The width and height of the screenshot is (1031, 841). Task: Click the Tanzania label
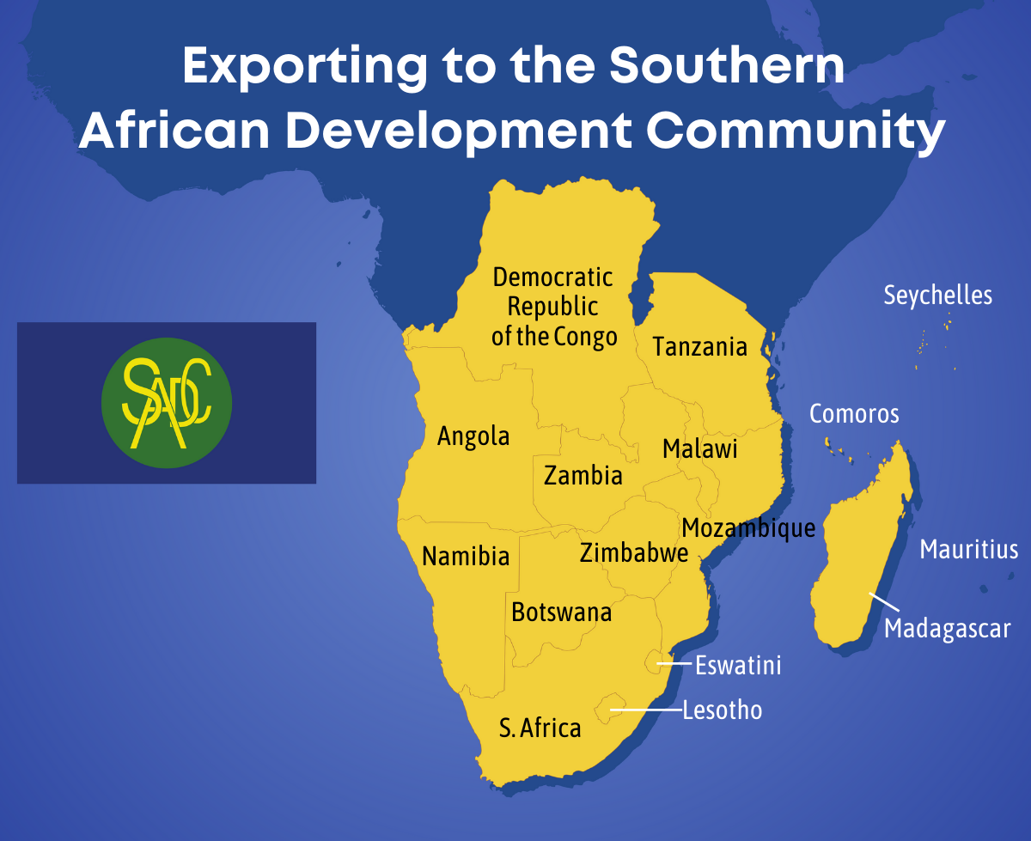(699, 347)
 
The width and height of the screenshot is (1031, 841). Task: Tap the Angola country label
(473, 436)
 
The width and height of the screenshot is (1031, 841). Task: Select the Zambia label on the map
(583, 475)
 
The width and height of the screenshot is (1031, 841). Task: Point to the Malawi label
(700, 449)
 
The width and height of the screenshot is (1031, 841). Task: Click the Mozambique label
(747, 527)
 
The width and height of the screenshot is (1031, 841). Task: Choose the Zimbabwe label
(634, 553)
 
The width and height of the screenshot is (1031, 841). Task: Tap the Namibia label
(466, 557)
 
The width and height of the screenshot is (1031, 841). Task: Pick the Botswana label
(561, 612)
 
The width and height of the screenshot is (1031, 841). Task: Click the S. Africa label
(540, 728)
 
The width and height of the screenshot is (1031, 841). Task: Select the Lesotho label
(722, 710)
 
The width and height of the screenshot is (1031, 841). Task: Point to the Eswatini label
(738, 665)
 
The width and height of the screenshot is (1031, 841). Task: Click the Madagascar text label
(948, 629)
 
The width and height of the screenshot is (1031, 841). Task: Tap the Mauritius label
(969, 550)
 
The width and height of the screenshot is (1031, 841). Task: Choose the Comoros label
(854, 414)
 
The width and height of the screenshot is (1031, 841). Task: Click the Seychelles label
(938, 296)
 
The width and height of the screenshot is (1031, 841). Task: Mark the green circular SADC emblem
(167, 403)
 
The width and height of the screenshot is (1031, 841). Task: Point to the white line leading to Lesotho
(646, 710)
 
